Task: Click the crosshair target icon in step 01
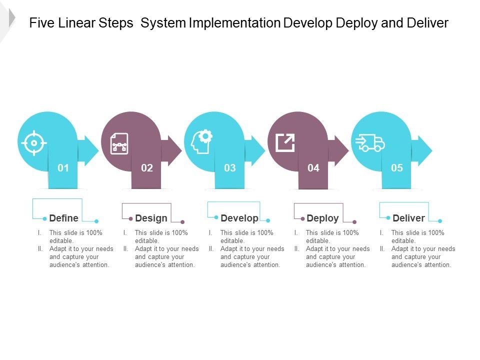34,143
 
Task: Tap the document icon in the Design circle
119,143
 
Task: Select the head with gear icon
201,142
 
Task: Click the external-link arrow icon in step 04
285,142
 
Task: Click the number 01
63,168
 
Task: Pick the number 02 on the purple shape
146,168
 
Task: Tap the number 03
230,168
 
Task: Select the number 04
313,168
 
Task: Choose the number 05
397,168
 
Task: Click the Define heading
63,218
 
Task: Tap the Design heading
151,218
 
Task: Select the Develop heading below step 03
239,218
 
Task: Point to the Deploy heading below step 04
322,218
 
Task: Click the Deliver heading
408,218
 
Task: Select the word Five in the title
40,23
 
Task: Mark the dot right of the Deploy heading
354,221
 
